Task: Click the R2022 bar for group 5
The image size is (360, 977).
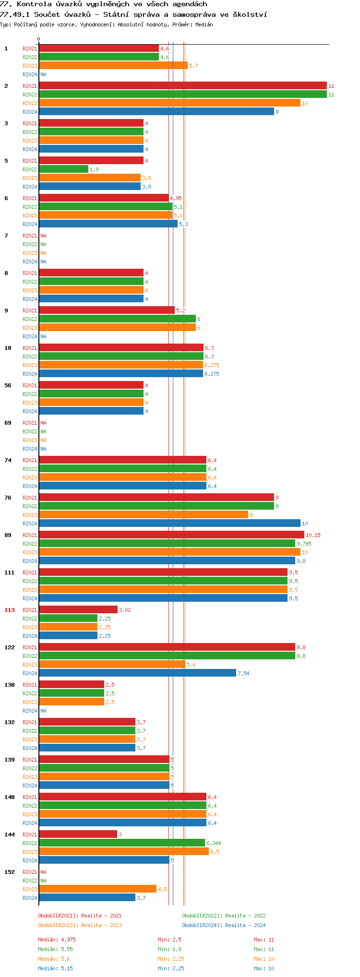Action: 63,169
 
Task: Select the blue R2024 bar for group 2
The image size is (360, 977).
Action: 156,112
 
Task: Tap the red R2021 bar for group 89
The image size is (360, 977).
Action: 171,535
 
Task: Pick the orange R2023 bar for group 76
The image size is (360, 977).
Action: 143,515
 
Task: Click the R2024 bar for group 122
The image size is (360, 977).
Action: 137,673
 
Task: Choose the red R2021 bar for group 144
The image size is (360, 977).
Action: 78,834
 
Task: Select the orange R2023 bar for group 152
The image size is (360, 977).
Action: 97,889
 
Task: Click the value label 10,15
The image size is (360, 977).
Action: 313,535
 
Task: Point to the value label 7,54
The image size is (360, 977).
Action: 243,673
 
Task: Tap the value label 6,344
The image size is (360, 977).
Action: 214,843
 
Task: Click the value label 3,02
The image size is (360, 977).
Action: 125,610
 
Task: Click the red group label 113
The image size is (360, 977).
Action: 10,610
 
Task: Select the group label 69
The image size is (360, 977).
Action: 8,423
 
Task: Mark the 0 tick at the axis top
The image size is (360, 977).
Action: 39,39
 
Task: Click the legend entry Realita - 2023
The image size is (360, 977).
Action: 80,925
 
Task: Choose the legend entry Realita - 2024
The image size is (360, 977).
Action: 224,925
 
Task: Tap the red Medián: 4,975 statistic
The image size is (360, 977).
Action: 57,940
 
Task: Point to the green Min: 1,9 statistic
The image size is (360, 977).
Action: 169,949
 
